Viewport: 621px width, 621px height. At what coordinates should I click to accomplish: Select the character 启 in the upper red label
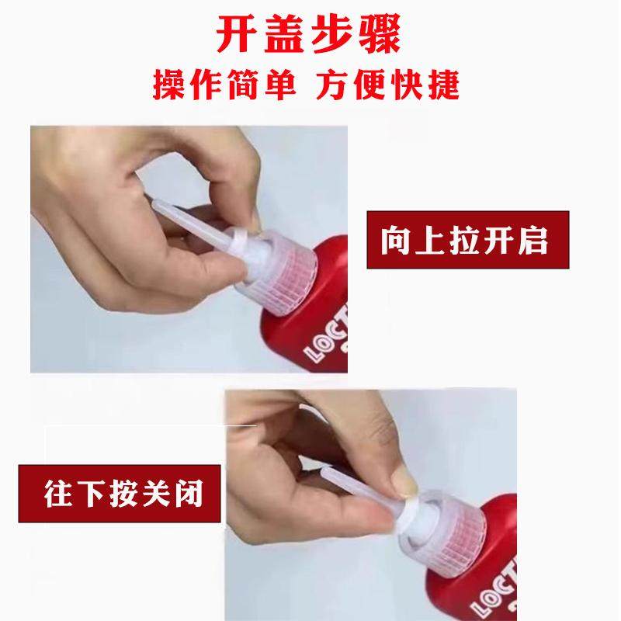click(x=533, y=241)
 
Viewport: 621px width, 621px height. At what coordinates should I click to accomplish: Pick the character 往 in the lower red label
click(x=57, y=494)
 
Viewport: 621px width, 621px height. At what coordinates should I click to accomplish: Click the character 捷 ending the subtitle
click(x=444, y=84)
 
